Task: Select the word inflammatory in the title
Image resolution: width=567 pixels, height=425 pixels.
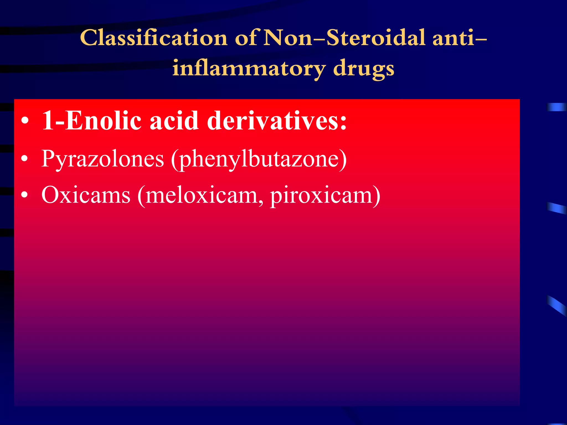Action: [x=249, y=68]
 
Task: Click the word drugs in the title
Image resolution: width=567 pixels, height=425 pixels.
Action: [x=364, y=69]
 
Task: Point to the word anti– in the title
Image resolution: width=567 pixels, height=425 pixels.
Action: [x=459, y=38]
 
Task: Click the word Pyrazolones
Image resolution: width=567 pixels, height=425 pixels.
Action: [x=102, y=159]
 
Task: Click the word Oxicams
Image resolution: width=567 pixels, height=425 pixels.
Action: [x=86, y=195]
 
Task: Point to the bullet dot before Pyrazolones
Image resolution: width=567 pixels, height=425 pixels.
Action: [x=25, y=159]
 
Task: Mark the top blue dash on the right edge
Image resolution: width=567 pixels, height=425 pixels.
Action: [x=556, y=107]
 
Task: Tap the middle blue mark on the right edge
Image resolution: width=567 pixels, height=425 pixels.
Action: [x=557, y=208]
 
